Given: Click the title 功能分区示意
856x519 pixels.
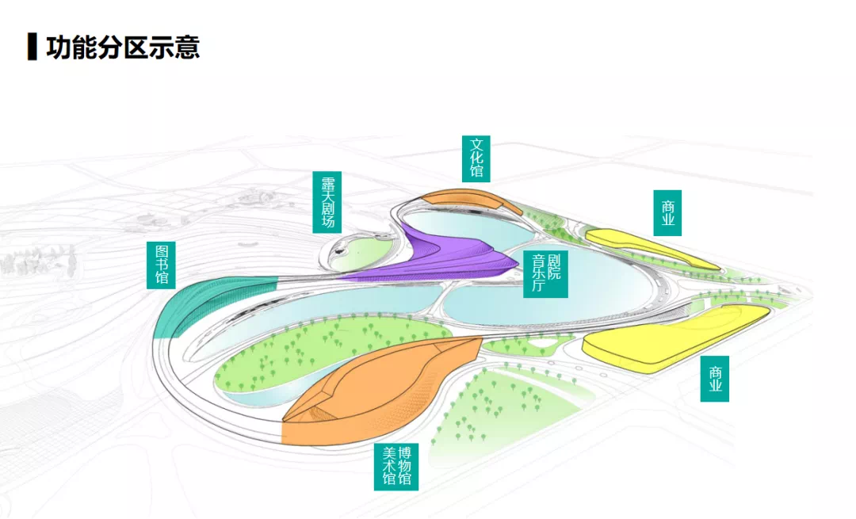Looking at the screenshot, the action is [123, 47].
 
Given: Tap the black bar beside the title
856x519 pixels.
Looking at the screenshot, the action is [32, 47].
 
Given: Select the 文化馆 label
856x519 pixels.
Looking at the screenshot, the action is [476, 158].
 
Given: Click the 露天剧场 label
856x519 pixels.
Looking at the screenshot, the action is [327, 202].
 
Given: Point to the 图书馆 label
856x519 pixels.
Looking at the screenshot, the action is [161, 265].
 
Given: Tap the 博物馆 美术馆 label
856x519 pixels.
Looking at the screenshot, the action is [396, 467].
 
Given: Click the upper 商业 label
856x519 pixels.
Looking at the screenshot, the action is [667, 213].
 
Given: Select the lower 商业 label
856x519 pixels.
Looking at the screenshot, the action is [715, 379].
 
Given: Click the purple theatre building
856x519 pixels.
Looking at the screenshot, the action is [448, 257].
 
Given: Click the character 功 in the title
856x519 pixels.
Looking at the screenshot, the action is [59, 47].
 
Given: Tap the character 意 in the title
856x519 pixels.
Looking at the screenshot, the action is [187, 47].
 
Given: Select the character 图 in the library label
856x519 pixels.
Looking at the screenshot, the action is [162, 252].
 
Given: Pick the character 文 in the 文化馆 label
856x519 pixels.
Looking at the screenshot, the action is [476, 145].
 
